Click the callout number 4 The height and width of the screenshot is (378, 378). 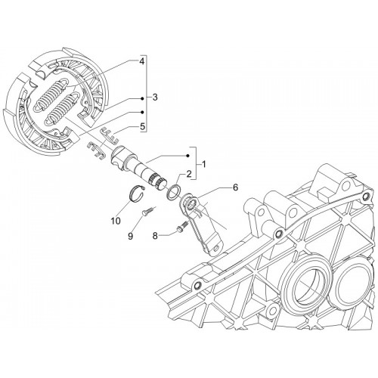tap(142, 61)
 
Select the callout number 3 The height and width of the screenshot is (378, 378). tap(155, 97)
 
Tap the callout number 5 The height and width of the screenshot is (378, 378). tap(143, 126)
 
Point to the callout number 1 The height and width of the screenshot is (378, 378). tap(203, 165)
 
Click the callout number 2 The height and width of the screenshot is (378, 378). tap(189, 173)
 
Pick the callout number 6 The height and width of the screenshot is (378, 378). tap(235, 187)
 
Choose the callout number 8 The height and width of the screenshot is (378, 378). tap(155, 236)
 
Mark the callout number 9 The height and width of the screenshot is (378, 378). tap(131, 236)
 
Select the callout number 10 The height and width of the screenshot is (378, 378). tap(116, 221)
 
